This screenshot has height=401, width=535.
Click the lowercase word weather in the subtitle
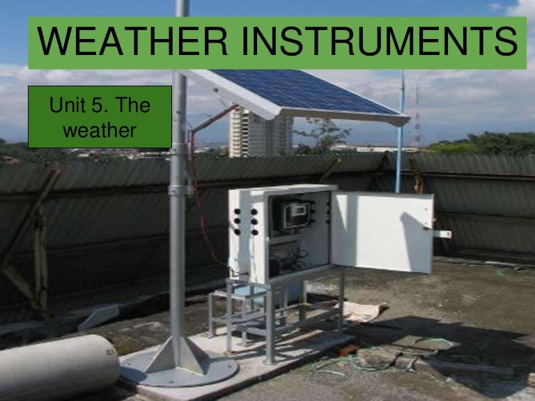(100, 130)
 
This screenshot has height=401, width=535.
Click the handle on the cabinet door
(442, 234)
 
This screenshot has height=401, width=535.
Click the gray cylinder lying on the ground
(56, 367)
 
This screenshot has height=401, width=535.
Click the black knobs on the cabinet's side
(244, 221)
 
